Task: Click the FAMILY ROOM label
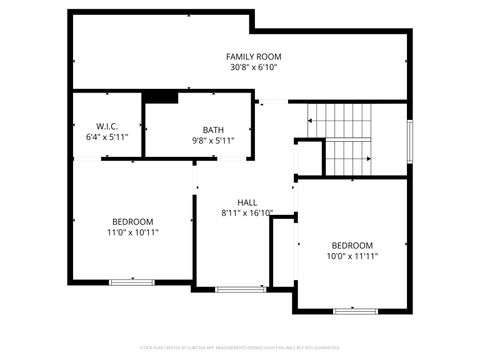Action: click(x=252, y=56)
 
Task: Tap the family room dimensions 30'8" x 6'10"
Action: click(x=252, y=68)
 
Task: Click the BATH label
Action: click(x=213, y=130)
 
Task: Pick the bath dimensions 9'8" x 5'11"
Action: click(x=213, y=141)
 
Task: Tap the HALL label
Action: click(x=247, y=202)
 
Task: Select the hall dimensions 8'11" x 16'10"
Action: click(x=247, y=213)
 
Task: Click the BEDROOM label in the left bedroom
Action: click(x=132, y=221)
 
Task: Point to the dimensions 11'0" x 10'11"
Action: click(x=132, y=232)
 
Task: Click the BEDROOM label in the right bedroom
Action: click(x=352, y=245)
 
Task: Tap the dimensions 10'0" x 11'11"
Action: click(x=352, y=257)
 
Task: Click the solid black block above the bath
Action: click(x=161, y=97)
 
